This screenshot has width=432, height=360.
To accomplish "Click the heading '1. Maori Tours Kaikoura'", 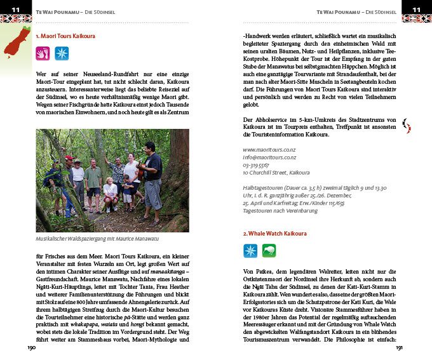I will (65, 37).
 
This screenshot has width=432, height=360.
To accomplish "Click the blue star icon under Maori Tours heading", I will (62, 53).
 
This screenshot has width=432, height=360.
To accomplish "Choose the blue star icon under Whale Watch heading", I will (250, 251).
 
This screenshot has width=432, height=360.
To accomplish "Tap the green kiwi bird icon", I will (269, 251).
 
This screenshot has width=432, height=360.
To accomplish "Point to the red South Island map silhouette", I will (13, 42).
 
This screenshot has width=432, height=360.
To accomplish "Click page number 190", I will (31, 348).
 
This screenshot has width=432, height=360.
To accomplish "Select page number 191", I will (400, 348).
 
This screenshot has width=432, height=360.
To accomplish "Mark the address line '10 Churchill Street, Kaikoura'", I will (276, 172).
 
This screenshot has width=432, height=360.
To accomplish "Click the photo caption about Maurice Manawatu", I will (96, 238).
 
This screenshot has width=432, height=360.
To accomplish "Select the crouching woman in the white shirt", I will (111, 190).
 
